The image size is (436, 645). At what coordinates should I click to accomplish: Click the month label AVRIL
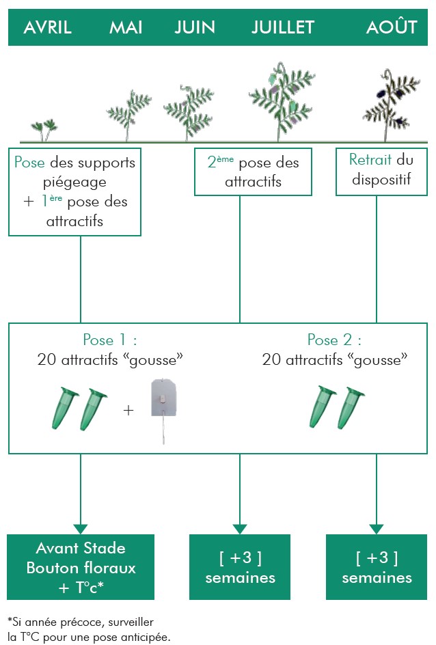pos(47,27)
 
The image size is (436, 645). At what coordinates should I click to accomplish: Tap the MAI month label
pos(126,27)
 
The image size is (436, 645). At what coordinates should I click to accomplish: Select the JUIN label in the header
pos(195,27)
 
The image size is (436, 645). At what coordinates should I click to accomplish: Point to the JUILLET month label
pos(283,27)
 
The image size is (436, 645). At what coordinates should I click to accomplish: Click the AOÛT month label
pos(392,27)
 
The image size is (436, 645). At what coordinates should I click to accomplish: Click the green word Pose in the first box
pos(31,163)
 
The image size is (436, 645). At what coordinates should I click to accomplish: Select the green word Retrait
pos(370,160)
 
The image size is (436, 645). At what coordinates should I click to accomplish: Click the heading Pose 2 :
pos(334,340)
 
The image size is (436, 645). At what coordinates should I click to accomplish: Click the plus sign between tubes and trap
pos(128,410)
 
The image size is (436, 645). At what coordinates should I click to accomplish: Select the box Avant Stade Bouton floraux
pos(81,567)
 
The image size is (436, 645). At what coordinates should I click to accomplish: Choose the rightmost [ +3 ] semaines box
pos(377,567)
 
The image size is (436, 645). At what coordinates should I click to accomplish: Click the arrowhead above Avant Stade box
pos(81,528)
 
